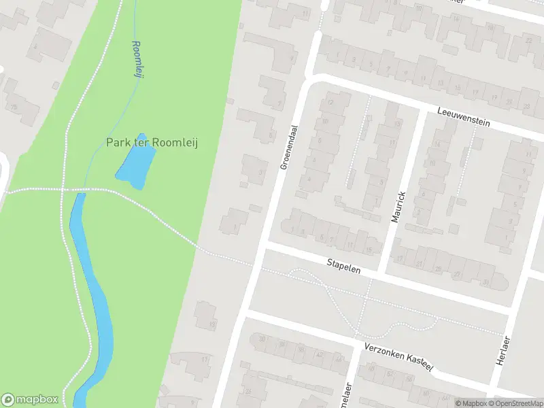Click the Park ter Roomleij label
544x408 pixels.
(x=152, y=143)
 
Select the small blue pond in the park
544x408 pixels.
(x=135, y=166)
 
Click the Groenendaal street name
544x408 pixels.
(x=289, y=147)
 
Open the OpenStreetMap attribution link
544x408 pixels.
(x=513, y=403)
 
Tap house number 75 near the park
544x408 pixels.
(x=12, y=106)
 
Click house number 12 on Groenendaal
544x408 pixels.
(x=330, y=102)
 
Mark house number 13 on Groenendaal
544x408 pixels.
(x=212, y=325)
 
